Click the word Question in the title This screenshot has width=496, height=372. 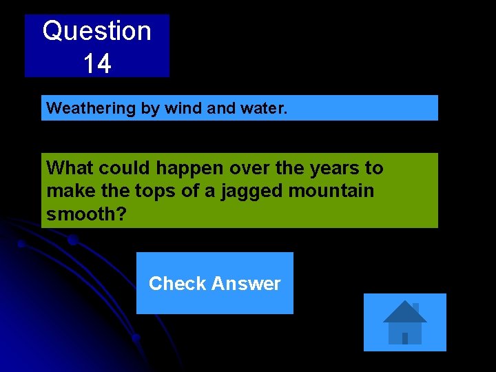coord(96,31)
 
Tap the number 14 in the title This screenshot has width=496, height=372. coord(96,64)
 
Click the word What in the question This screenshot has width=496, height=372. coord(70,168)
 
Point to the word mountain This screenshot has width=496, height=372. coord(331,191)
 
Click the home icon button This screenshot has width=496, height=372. coord(404,322)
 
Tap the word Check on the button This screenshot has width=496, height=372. coord(177,284)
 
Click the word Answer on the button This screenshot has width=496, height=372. coord(246,284)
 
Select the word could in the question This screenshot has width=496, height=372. coord(121,168)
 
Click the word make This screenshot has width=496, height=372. coord(66,191)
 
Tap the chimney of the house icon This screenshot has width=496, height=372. coord(415,308)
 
